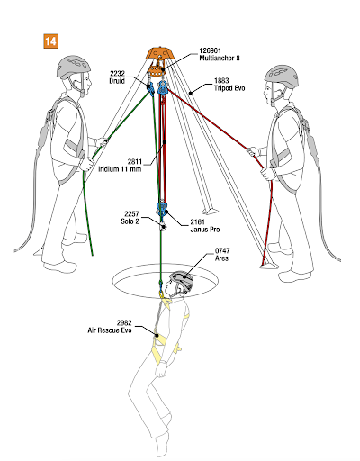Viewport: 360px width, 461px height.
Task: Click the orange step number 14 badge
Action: point(50,41)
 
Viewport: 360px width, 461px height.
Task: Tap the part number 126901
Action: point(210,50)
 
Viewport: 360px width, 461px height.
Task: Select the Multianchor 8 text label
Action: point(220,58)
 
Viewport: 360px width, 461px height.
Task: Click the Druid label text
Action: point(117,81)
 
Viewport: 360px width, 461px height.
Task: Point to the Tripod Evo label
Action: point(229,88)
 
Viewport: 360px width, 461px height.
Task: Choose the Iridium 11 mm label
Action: point(120,169)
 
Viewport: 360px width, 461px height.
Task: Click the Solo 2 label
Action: point(130,221)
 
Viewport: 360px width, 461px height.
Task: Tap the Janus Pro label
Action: point(205,230)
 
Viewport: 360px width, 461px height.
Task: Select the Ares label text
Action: point(221,258)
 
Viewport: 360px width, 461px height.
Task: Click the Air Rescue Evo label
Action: point(110,330)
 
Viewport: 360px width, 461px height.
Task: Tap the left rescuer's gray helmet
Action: point(74,67)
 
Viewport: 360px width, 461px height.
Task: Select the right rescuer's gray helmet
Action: point(282,77)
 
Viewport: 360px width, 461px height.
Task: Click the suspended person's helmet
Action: point(182,282)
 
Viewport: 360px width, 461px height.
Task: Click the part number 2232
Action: point(117,74)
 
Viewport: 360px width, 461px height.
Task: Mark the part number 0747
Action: point(222,250)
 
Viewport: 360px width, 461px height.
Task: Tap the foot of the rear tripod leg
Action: point(211,211)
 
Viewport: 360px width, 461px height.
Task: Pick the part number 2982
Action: point(124,323)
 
